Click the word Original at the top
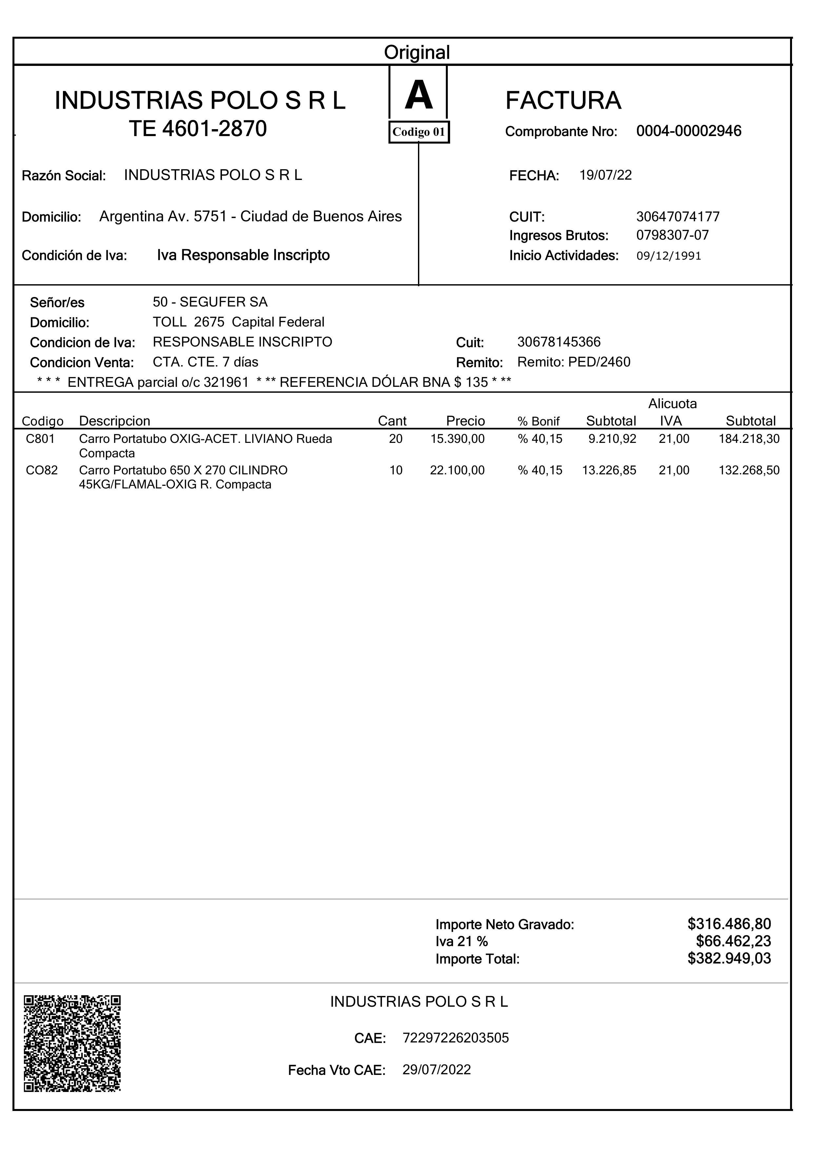(x=417, y=52)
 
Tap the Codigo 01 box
(x=419, y=132)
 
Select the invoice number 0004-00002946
(x=688, y=131)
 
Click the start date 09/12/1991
(x=668, y=256)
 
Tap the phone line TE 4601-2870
(x=198, y=129)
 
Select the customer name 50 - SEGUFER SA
(x=210, y=302)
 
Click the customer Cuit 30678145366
(x=559, y=342)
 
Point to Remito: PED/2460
(x=574, y=362)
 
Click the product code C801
(x=40, y=439)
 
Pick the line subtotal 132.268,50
(x=749, y=470)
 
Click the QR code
(x=72, y=1043)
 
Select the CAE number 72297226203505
(x=456, y=1038)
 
